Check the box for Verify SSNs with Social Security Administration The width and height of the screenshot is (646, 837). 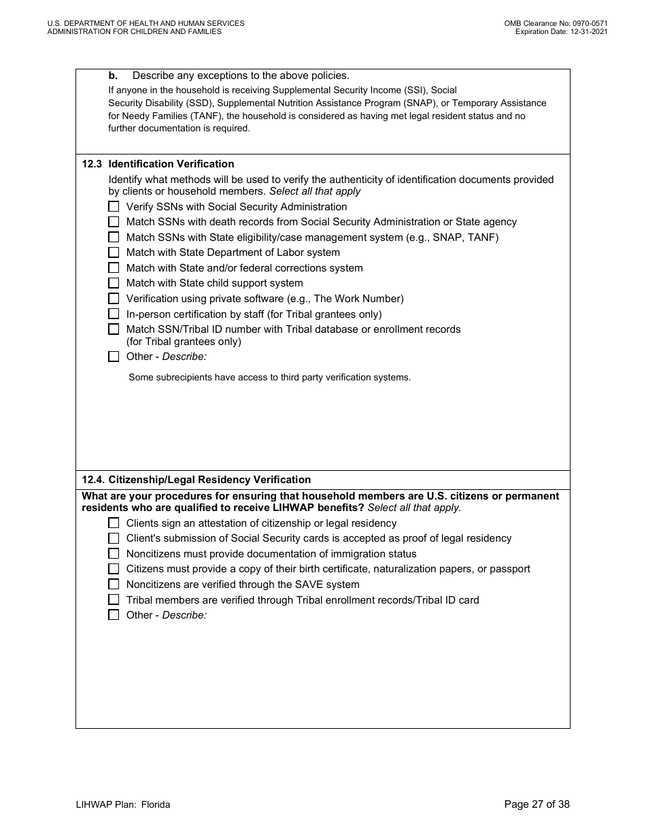(114, 207)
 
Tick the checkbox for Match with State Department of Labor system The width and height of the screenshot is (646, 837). (114, 252)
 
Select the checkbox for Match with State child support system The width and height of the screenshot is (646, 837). (114, 283)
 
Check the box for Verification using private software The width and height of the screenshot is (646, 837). (114, 299)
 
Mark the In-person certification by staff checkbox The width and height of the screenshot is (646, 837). (114, 314)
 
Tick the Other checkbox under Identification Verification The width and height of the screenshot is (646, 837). (114, 357)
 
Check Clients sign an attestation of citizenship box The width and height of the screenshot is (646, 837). (114, 523)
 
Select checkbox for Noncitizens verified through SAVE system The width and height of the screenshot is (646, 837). (114, 585)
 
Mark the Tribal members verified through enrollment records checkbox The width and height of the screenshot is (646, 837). (114, 600)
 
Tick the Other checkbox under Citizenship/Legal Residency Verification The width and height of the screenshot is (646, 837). (114, 615)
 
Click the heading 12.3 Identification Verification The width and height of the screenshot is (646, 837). (158, 164)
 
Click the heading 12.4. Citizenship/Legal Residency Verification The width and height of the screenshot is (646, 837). (196, 480)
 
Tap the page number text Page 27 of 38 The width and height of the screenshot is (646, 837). (537, 804)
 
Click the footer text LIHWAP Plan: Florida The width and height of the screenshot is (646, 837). (123, 804)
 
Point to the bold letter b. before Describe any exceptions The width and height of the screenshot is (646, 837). (113, 76)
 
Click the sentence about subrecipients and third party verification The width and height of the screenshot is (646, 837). (269, 377)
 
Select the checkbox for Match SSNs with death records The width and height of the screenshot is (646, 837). (114, 222)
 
